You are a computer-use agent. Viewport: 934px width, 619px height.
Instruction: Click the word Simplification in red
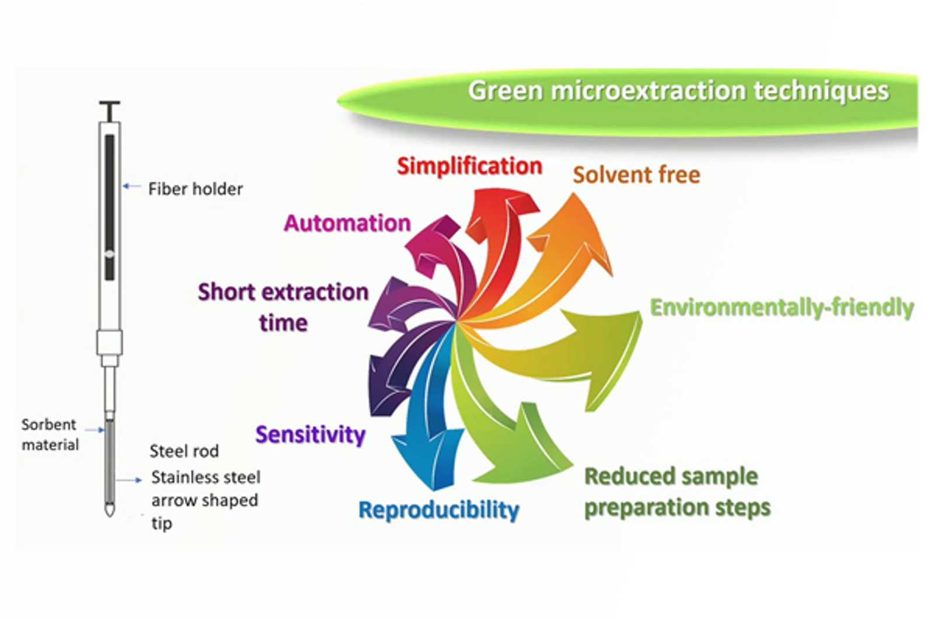469,166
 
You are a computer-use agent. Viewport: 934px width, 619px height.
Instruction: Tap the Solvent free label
636,175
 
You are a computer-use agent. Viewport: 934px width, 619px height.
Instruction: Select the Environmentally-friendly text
782,308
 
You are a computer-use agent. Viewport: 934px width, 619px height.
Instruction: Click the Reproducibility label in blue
438,510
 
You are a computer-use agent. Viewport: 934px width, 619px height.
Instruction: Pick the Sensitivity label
310,434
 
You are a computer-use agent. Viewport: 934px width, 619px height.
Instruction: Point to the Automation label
347,223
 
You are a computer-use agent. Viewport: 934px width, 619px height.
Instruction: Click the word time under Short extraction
283,322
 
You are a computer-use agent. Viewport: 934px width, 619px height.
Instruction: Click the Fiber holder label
195,189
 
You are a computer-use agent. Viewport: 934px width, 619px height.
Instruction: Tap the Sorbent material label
50,434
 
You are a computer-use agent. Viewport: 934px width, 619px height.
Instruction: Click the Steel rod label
184,451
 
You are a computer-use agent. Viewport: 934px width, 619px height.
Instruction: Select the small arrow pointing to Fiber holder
131,187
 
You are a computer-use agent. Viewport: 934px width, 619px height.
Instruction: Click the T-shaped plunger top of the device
109,107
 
